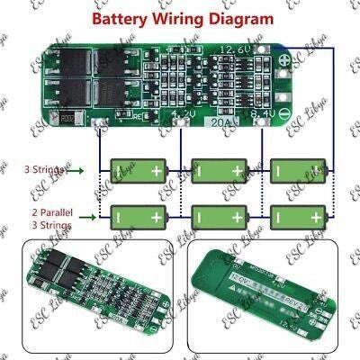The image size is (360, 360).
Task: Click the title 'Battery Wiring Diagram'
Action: pos(180,17)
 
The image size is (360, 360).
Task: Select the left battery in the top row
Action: pos(139,169)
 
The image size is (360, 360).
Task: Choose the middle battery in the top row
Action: pos(219,169)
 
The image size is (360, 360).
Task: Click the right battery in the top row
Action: pos(298,169)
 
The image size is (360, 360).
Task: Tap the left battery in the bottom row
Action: pos(139,216)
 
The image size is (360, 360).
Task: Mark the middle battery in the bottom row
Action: pos(219,216)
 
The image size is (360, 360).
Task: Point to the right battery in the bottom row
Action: pos(298,216)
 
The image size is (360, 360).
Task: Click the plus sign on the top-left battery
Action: pos(159,169)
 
